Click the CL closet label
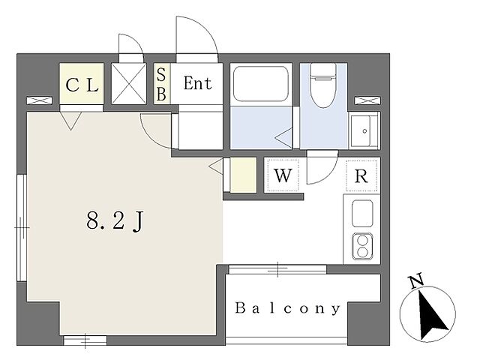(x=82, y=85)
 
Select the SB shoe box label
(x=161, y=84)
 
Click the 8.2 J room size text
(x=115, y=220)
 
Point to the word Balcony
(x=287, y=308)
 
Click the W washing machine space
(x=283, y=175)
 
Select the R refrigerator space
(x=361, y=175)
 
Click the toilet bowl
(x=323, y=85)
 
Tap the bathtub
(x=261, y=84)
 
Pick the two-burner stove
(x=362, y=247)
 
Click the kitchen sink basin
(x=362, y=213)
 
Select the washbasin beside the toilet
(x=364, y=130)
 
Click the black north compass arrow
(x=430, y=315)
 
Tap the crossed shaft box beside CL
(x=129, y=84)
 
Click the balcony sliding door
(x=277, y=269)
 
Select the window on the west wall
(x=22, y=227)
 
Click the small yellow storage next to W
(x=243, y=175)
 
